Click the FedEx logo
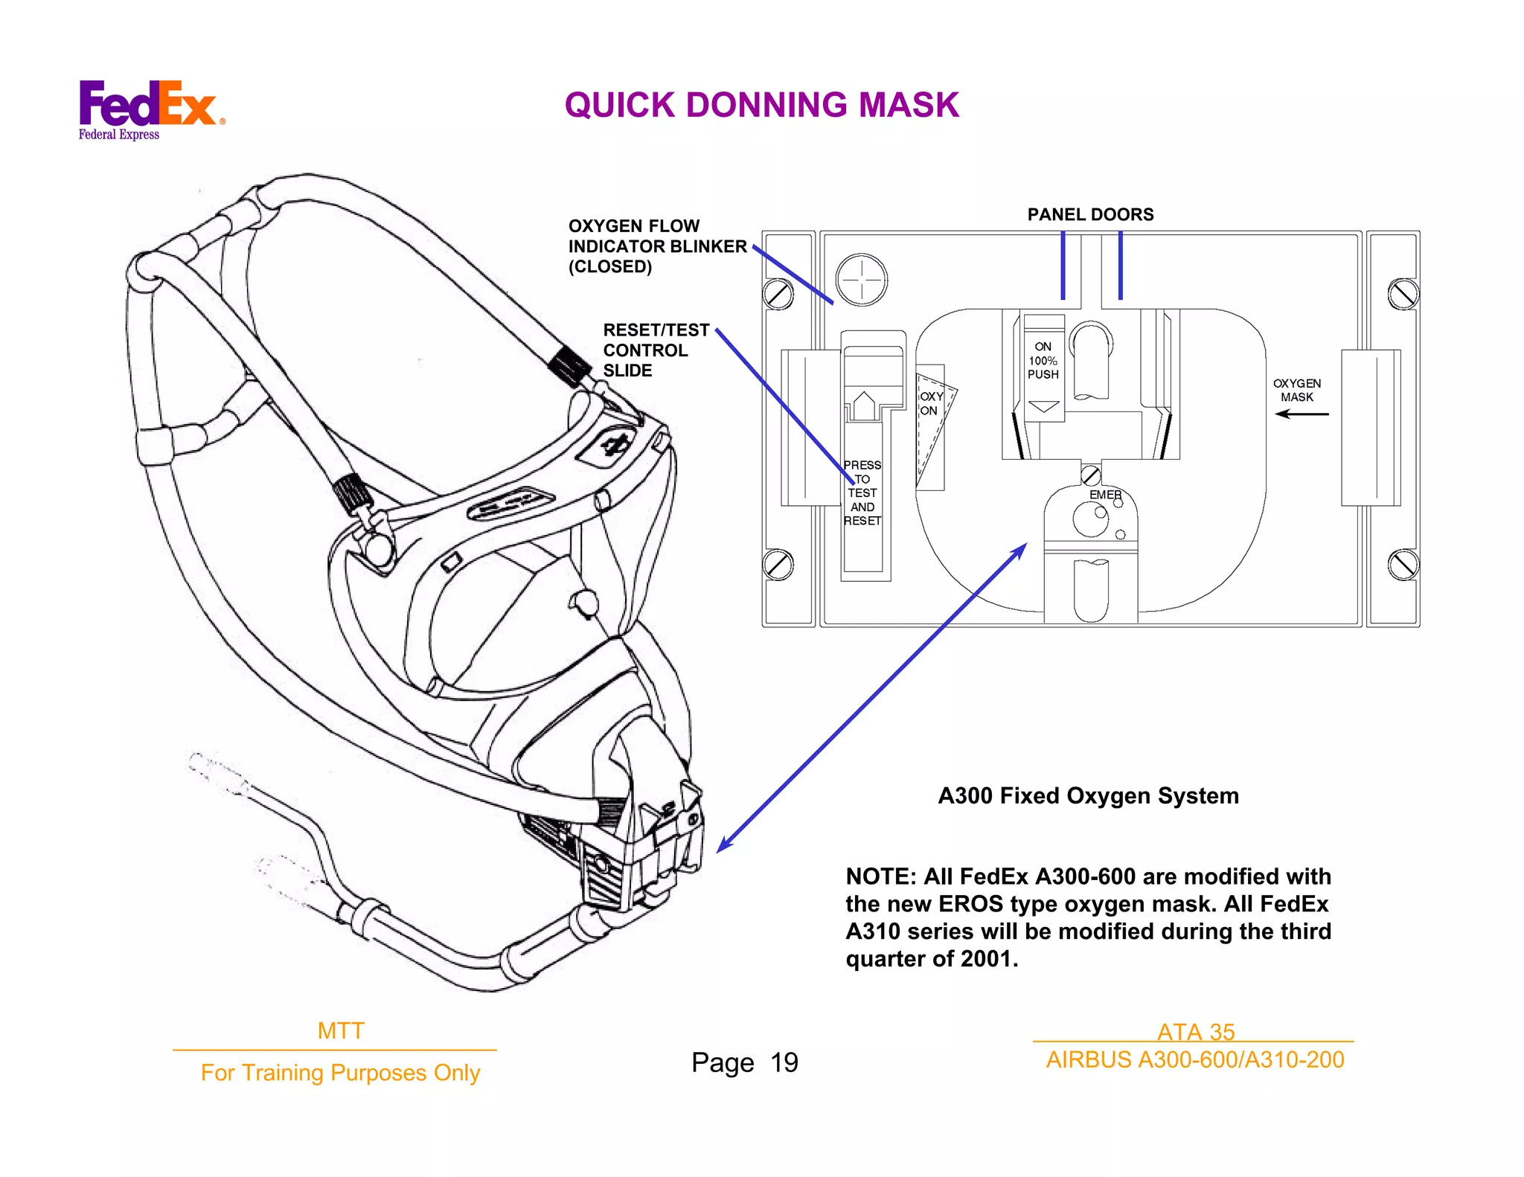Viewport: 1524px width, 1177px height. [149, 108]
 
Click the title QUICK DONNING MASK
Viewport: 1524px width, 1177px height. [761, 105]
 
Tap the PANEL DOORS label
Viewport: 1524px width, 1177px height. [1090, 214]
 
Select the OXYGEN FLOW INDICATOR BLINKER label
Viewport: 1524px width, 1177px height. [656, 246]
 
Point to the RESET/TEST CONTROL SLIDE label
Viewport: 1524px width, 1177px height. [655, 350]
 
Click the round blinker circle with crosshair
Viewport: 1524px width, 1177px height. [862, 280]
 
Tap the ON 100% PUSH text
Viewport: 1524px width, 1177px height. [1043, 360]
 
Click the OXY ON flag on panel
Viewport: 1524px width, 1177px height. [930, 403]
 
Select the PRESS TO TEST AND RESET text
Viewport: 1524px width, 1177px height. [862, 493]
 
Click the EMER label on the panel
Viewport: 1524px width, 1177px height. [1104, 495]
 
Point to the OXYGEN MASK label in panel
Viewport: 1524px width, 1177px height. [1296, 390]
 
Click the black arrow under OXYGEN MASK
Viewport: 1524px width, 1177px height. [1302, 414]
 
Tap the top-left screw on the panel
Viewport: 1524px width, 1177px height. [778, 295]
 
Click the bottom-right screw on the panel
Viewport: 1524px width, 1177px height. [1403, 565]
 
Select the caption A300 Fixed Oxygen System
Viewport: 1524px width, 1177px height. [1088, 795]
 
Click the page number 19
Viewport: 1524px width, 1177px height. [784, 1062]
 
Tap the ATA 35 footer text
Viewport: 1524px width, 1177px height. [1195, 1031]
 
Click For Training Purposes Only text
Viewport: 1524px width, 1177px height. [340, 1072]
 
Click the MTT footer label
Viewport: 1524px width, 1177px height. [340, 1030]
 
